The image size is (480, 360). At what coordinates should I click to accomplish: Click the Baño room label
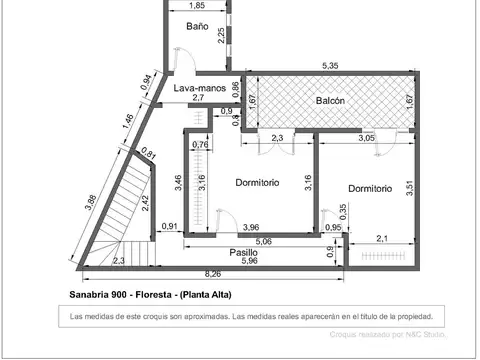click(x=197, y=26)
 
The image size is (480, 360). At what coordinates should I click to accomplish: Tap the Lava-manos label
click(x=198, y=88)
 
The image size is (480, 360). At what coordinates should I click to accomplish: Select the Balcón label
click(x=332, y=102)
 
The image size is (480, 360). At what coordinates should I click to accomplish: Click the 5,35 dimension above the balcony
click(x=329, y=66)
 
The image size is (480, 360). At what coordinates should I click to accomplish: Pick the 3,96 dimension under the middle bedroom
click(x=250, y=227)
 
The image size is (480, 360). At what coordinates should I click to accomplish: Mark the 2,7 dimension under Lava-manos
click(x=198, y=98)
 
